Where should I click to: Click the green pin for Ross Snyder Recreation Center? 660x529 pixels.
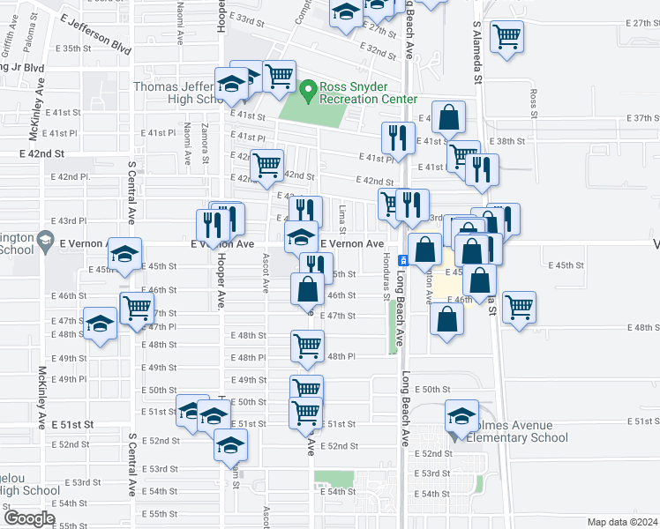[308, 89]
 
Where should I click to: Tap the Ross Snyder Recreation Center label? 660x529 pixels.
[368, 93]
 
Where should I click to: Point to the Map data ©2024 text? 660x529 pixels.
[622, 522]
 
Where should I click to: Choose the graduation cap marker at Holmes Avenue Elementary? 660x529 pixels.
[462, 416]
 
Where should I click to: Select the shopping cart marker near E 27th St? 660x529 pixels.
[506, 37]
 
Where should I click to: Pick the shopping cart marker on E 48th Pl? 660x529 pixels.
[306, 346]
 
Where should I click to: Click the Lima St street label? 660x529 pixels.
[341, 216]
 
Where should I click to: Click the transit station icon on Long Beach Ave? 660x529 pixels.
[402, 260]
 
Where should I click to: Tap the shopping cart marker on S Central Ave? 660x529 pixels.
[137, 309]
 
